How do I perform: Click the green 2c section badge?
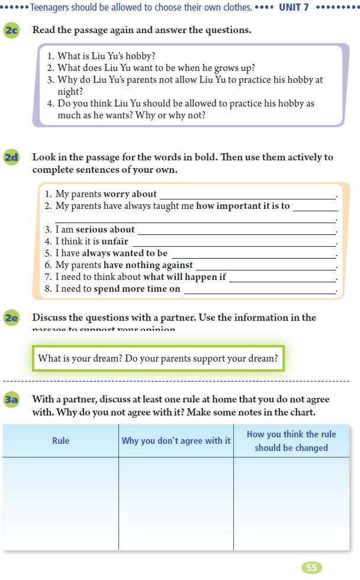click(12, 30)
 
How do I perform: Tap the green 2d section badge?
click(12, 158)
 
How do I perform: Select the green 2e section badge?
click(12, 318)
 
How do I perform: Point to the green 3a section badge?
click(12, 401)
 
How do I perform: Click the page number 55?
click(312, 568)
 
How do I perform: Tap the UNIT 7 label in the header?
click(294, 8)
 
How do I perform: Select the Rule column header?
click(60, 441)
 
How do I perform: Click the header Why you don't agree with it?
click(176, 441)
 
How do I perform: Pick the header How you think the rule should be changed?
click(291, 441)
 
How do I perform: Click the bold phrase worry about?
click(130, 194)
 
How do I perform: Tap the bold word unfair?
click(115, 241)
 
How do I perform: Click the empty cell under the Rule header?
click(60, 503)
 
